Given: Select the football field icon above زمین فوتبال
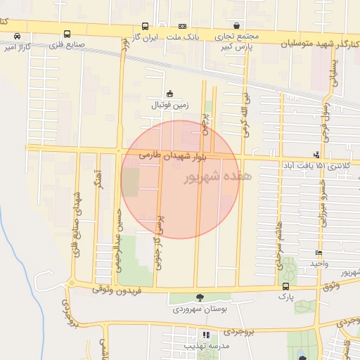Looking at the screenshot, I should [169, 94].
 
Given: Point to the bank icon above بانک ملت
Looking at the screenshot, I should [181, 25].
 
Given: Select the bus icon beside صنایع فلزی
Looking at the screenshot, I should [67, 34].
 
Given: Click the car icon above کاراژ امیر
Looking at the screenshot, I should [17, 36].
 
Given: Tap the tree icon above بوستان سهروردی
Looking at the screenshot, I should [200, 297].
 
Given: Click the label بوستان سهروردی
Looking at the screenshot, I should [200, 309].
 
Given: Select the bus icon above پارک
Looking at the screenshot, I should [285, 286].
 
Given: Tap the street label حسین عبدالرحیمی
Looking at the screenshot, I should [120, 232].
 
